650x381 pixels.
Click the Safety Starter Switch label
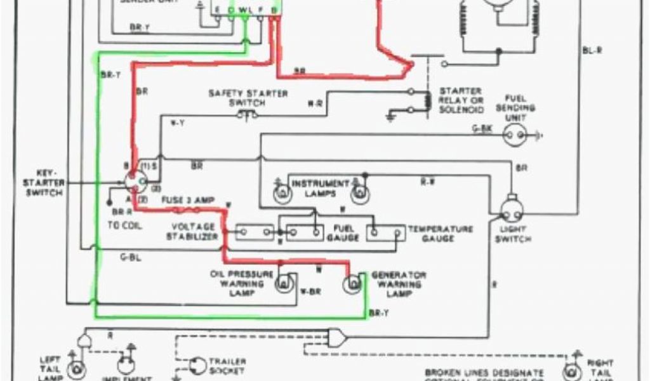(248, 98)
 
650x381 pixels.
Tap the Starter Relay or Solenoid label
(461, 100)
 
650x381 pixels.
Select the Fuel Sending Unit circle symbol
(516, 134)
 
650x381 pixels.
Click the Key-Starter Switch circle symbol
(134, 183)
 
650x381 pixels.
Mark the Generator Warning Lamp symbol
(351, 284)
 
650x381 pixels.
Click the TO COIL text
(125, 225)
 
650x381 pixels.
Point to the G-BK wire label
(482, 129)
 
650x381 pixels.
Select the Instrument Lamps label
(320, 188)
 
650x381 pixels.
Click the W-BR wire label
(309, 292)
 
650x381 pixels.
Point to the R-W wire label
(427, 182)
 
